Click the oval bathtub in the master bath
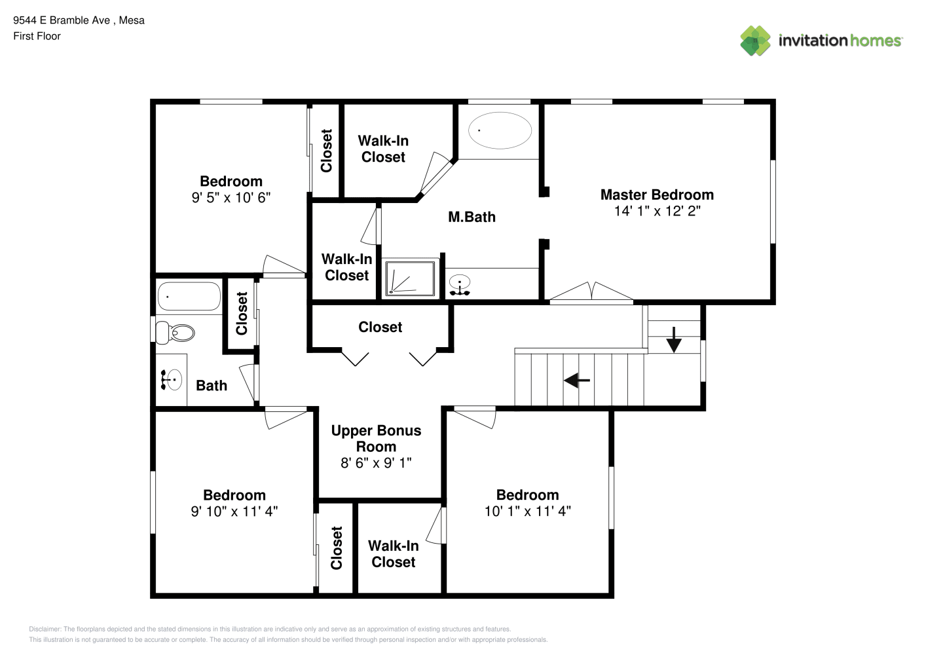(x=500, y=130)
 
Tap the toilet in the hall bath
(x=175, y=333)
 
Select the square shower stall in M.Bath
(x=410, y=278)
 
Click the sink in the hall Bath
(x=172, y=380)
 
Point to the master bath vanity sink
(x=460, y=285)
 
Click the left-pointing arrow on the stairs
(x=577, y=380)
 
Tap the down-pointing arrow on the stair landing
(x=674, y=340)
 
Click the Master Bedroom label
(x=657, y=195)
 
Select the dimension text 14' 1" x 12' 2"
(x=657, y=211)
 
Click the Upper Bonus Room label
(x=376, y=438)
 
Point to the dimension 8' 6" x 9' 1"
(x=376, y=462)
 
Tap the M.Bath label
(x=472, y=217)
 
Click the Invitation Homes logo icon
(x=755, y=41)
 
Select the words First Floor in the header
(x=37, y=37)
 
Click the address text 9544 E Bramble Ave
(x=62, y=20)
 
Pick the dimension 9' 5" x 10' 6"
(x=231, y=198)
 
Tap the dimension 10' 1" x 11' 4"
(x=527, y=511)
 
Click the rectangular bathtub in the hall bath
(x=189, y=296)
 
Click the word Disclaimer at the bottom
(x=45, y=629)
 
